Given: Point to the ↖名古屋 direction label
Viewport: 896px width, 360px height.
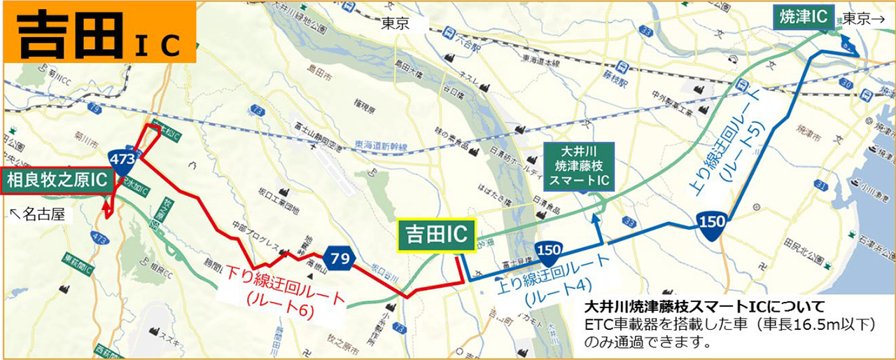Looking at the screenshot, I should tap(39, 214).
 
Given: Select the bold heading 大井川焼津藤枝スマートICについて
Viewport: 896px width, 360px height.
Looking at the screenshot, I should tap(703, 307).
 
